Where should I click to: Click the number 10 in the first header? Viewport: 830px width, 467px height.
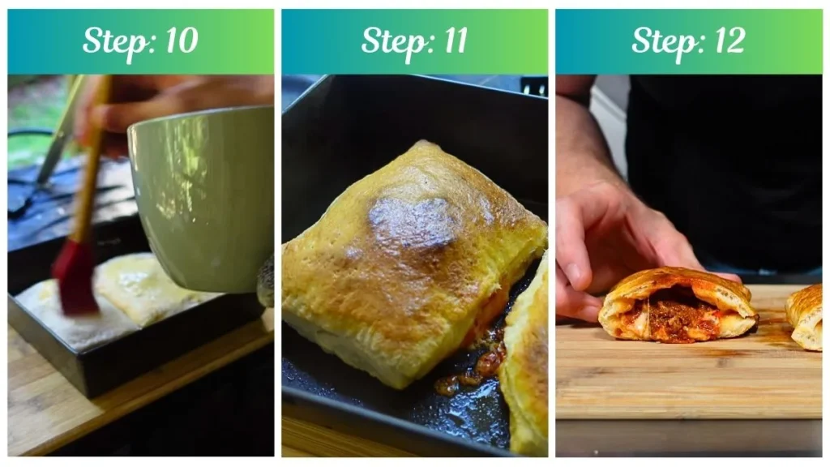click(180, 41)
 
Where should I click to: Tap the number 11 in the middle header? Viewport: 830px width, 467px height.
click(451, 41)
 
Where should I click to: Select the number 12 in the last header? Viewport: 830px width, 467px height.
click(726, 41)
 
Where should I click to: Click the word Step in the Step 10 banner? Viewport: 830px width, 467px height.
click(113, 41)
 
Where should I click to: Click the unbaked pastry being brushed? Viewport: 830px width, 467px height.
click(57, 316)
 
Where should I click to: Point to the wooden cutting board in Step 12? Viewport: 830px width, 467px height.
click(689, 389)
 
